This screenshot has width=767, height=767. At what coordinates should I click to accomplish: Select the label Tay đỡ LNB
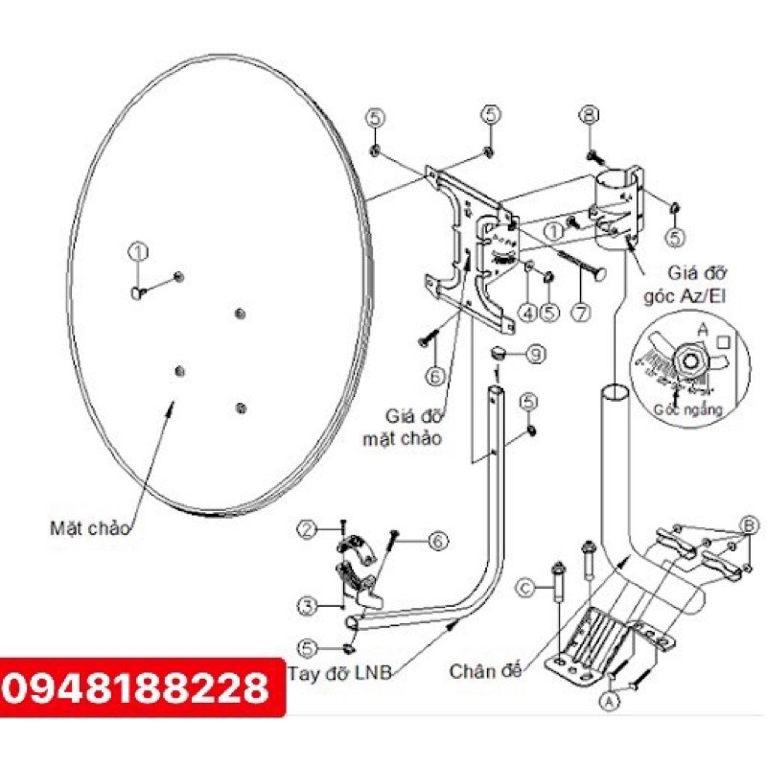coord(339,672)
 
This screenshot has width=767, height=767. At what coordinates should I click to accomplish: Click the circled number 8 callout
coord(588,116)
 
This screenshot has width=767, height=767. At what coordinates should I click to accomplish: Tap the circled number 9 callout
coord(535,354)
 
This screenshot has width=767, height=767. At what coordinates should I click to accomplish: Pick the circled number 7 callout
coord(584,312)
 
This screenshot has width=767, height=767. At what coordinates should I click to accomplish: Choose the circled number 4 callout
coord(526,312)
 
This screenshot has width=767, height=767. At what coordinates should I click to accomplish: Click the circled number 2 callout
coord(307,529)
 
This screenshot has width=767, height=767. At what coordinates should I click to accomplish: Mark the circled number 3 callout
coord(307,606)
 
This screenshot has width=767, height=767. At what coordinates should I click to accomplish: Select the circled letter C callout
coord(525,587)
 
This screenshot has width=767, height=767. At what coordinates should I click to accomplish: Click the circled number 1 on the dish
coord(138,251)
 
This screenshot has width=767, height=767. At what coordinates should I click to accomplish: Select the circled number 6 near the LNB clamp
coord(437,542)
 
